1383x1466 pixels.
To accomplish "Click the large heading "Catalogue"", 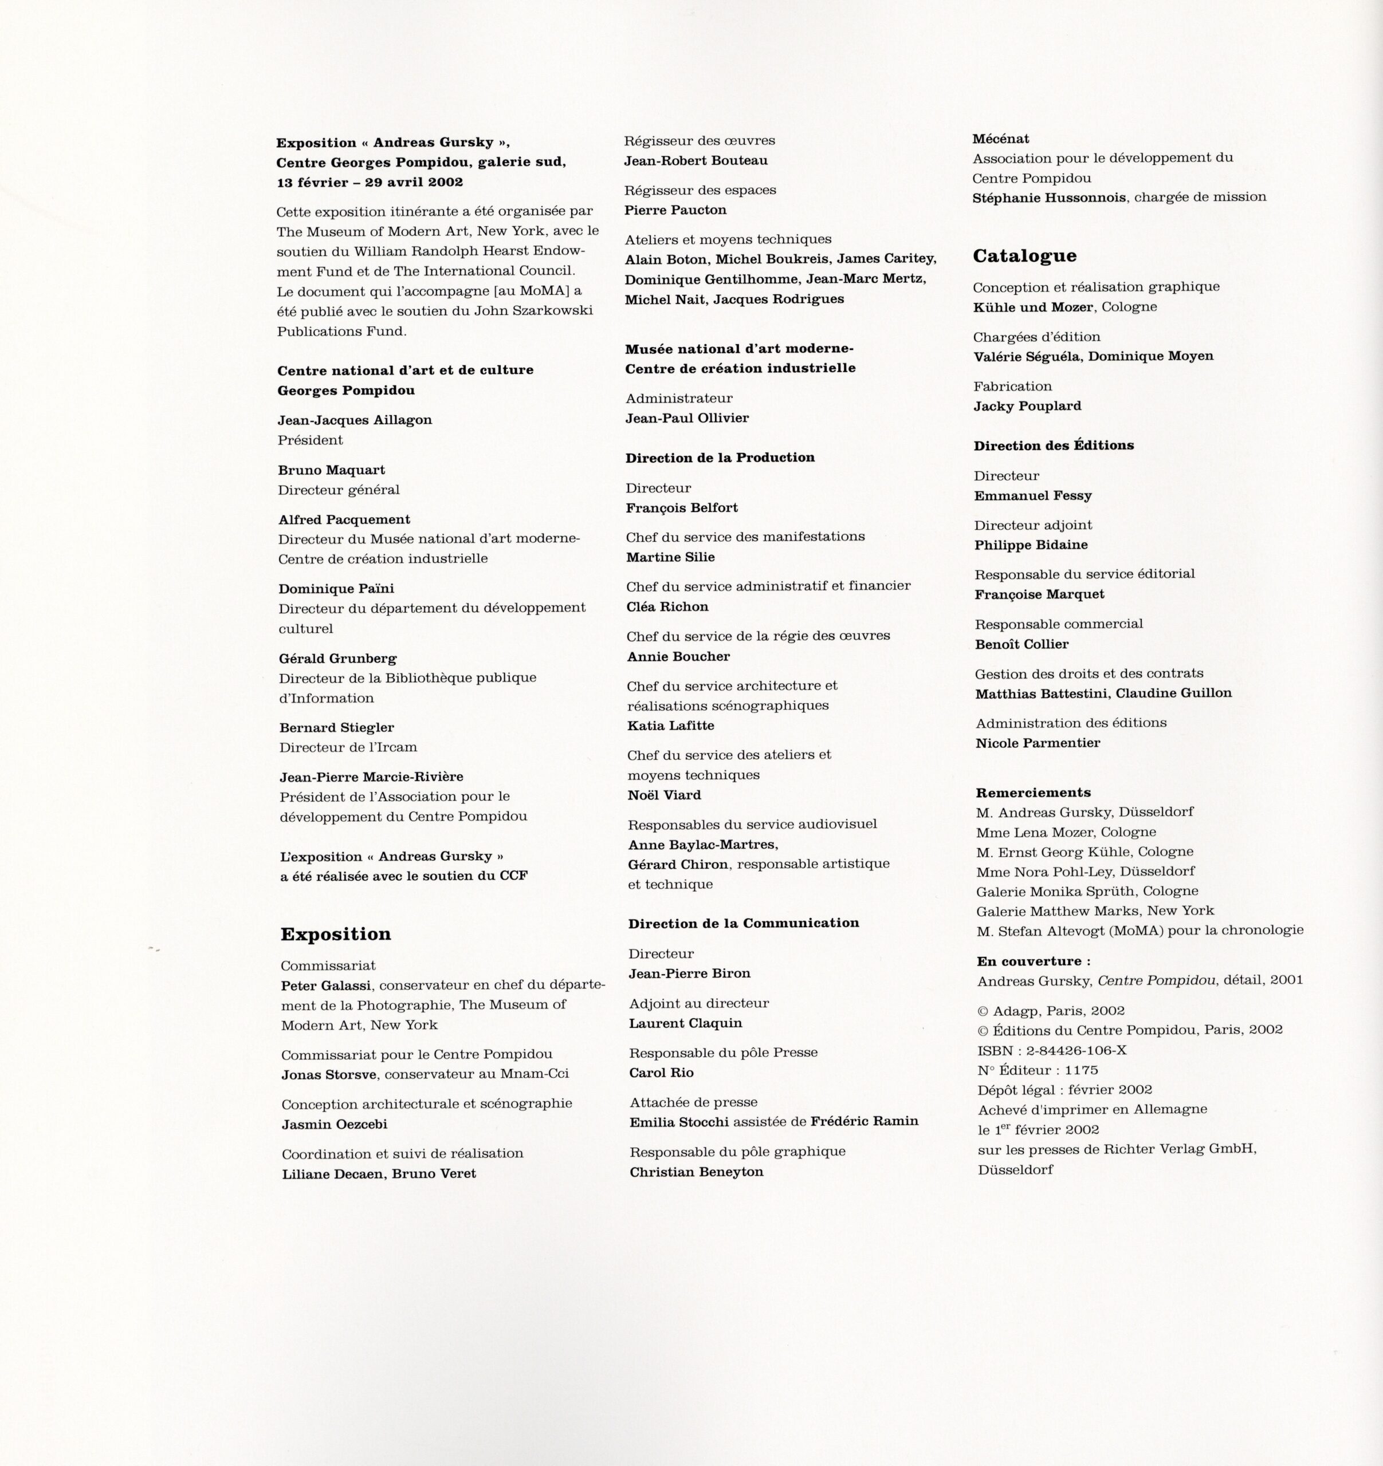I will click(x=1024, y=256).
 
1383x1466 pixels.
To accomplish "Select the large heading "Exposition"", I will click(x=336, y=935).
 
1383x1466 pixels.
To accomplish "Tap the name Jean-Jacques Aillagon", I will click(x=355, y=420).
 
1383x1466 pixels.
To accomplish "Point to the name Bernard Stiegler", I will click(x=336, y=728).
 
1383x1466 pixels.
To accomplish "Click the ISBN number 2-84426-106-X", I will click(x=1076, y=1051).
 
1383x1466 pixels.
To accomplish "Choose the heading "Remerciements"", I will click(x=1032, y=793).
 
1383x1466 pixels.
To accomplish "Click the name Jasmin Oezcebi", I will click(x=334, y=1125).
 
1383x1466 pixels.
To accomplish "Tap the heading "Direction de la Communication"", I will click(x=744, y=923).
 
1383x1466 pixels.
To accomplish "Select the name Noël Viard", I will click(x=664, y=795).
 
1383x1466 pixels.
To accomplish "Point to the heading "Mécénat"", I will click(x=1001, y=139).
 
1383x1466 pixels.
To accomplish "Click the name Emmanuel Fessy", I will click(x=1032, y=495).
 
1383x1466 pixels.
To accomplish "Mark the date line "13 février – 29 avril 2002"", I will click(x=370, y=182).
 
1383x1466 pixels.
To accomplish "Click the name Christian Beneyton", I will click(x=696, y=1172).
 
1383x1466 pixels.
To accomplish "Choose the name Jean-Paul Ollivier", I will click(x=687, y=418).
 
